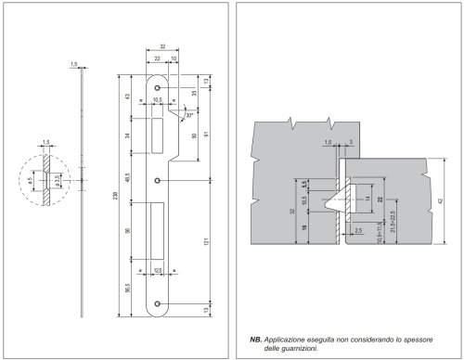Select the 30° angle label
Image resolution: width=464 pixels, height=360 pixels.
point(188,118)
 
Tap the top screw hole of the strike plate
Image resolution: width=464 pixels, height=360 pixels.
point(158,93)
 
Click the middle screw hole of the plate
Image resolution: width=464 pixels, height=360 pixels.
point(158,179)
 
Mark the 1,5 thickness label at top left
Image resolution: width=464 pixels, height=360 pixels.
point(73,64)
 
